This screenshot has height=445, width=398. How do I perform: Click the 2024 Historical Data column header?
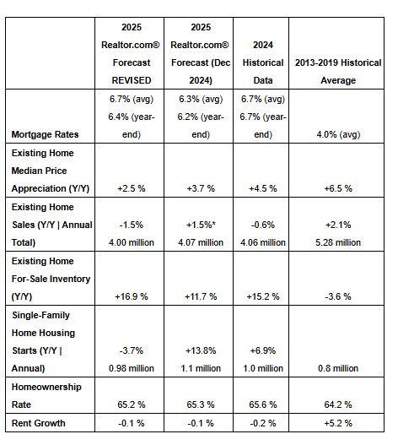pyautogui.click(x=263, y=62)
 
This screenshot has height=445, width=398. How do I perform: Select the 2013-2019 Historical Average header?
pyautogui.click(x=338, y=71)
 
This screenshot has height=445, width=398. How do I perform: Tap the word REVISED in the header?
pyautogui.click(x=132, y=80)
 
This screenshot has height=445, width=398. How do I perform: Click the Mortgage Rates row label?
pyautogui.click(x=45, y=134)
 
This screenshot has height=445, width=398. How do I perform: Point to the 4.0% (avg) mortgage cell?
pyautogui.click(x=338, y=134)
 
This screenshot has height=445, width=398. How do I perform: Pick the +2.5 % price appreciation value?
pyautogui.click(x=132, y=188)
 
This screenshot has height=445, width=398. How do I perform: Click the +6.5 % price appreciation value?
pyautogui.click(x=338, y=188)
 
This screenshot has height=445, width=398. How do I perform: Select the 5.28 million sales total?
pyautogui.click(x=338, y=242)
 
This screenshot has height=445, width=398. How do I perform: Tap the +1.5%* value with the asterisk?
pyautogui.click(x=201, y=225)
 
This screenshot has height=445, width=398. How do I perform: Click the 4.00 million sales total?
pyautogui.click(x=132, y=242)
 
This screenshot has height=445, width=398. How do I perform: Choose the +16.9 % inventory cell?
pyautogui.click(x=132, y=296)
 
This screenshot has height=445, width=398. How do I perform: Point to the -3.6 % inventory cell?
pyautogui.click(x=338, y=296)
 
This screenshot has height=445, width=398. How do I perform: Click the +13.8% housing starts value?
pyautogui.click(x=201, y=350)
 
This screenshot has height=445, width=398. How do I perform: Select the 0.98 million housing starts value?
pyautogui.click(x=132, y=368)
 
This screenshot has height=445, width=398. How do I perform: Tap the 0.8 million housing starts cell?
pyautogui.click(x=338, y=368)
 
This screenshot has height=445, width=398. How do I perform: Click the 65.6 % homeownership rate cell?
pyautogui.click(x=263, y=404)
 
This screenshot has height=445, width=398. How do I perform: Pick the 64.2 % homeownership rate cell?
pyautogui.click(x=338, y=404)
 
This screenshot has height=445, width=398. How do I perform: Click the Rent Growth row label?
pyautogui.click(x=38, y=423)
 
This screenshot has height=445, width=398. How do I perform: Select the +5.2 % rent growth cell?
pyautogui.click(x=338, y=423)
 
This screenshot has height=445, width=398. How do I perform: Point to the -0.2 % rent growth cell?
pyautogui.click(x=263, y=423)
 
